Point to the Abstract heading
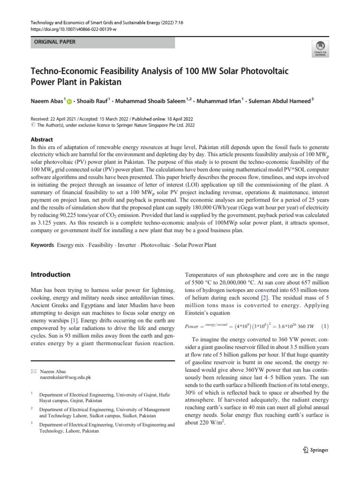(x=42, y=140)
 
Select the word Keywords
(x=42, y=245)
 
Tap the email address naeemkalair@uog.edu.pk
(x=66, y=376)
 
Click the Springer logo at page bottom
(x=313, y=450)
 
